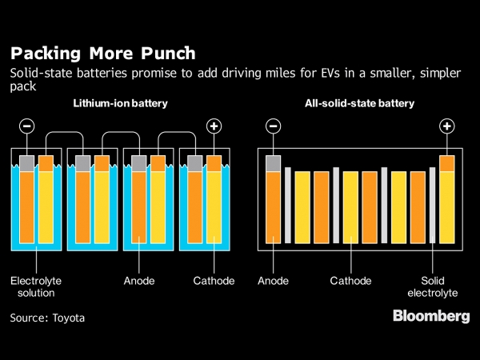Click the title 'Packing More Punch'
tap(102, 54)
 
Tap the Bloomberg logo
tap(430, 316)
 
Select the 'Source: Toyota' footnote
tap(47, 318)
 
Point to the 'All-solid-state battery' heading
tap(359, 104)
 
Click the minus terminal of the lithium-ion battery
tap(26, 126)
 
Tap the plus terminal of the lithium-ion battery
tap(214, 126)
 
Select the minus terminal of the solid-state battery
tap(273, 126)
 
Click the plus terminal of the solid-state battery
tap(447, 126)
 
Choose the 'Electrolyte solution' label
tap(35, 287)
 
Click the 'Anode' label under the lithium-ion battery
tap(139, 282)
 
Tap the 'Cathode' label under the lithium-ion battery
tap(214, 282)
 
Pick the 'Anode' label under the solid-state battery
tap(274, 282)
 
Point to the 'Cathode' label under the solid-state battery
tap(351, 282)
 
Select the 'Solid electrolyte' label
tap(434, 287)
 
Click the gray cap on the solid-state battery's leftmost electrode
tap(274, 163)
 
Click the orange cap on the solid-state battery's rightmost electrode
tap(447, 163)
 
